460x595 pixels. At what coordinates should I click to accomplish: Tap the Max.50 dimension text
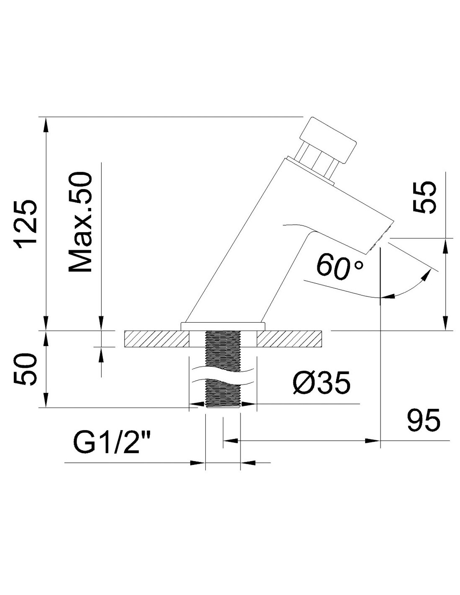(x=79, y=221)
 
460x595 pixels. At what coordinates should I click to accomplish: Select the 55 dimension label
(x=424, y=197)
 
